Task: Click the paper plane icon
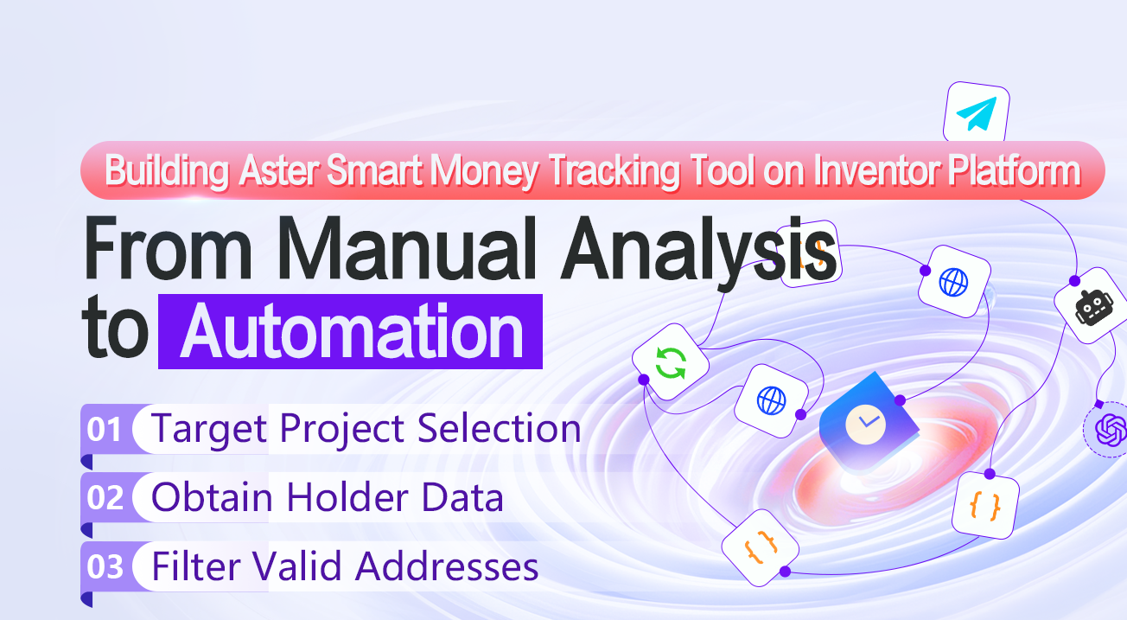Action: tap(977, 113)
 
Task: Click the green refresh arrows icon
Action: tap(670, 361)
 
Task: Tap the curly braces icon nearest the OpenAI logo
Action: tap(986, 504)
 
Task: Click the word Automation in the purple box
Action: tap(351, 332)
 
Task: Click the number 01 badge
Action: tap(105, 429)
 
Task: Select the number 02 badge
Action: tap(105, 498)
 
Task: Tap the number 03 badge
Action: tap(105, 567)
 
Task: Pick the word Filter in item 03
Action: tap(197, 567)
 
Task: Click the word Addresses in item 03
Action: tap(447, 567)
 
